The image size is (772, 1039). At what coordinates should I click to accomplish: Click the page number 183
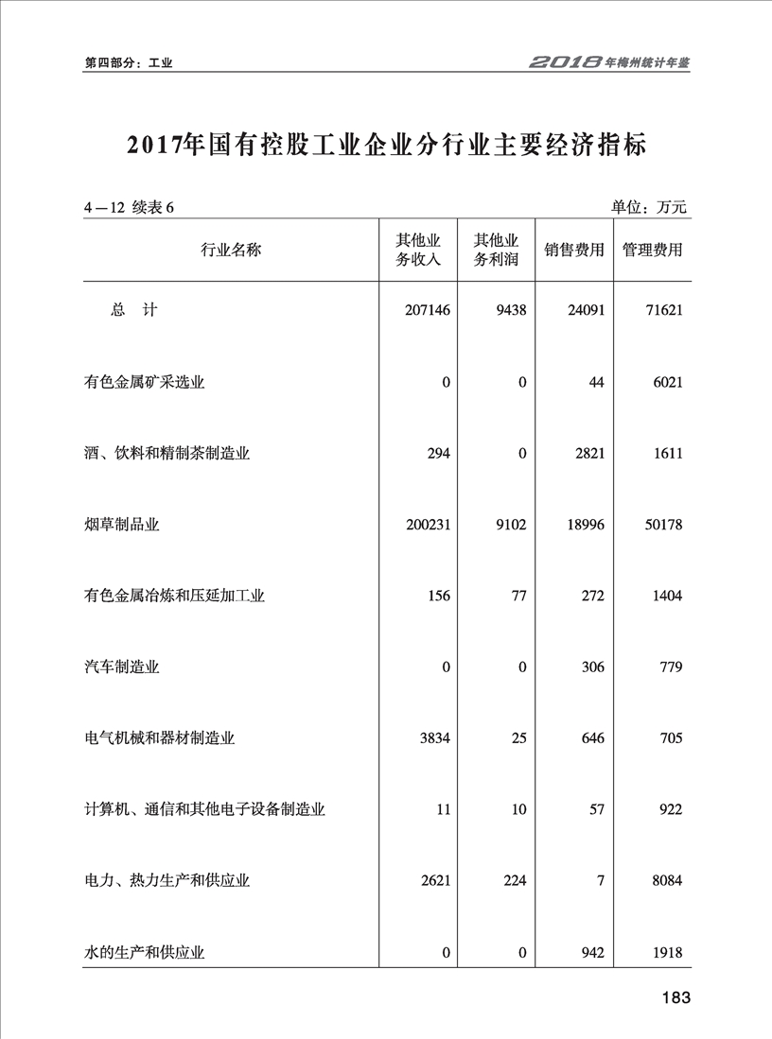click(676, 998)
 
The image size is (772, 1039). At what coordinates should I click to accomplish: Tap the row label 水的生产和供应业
click(144, 953)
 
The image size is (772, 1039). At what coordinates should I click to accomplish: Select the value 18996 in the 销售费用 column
click(584, 525)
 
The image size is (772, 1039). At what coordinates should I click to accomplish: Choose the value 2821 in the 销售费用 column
click(588, 453)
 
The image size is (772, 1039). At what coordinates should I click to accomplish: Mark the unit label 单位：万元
click(650, 207)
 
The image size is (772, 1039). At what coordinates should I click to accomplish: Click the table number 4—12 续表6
click(130, 208)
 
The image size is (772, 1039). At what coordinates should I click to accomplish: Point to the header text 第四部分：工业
click(128, 62)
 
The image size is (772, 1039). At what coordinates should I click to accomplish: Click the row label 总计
click(132, 310)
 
